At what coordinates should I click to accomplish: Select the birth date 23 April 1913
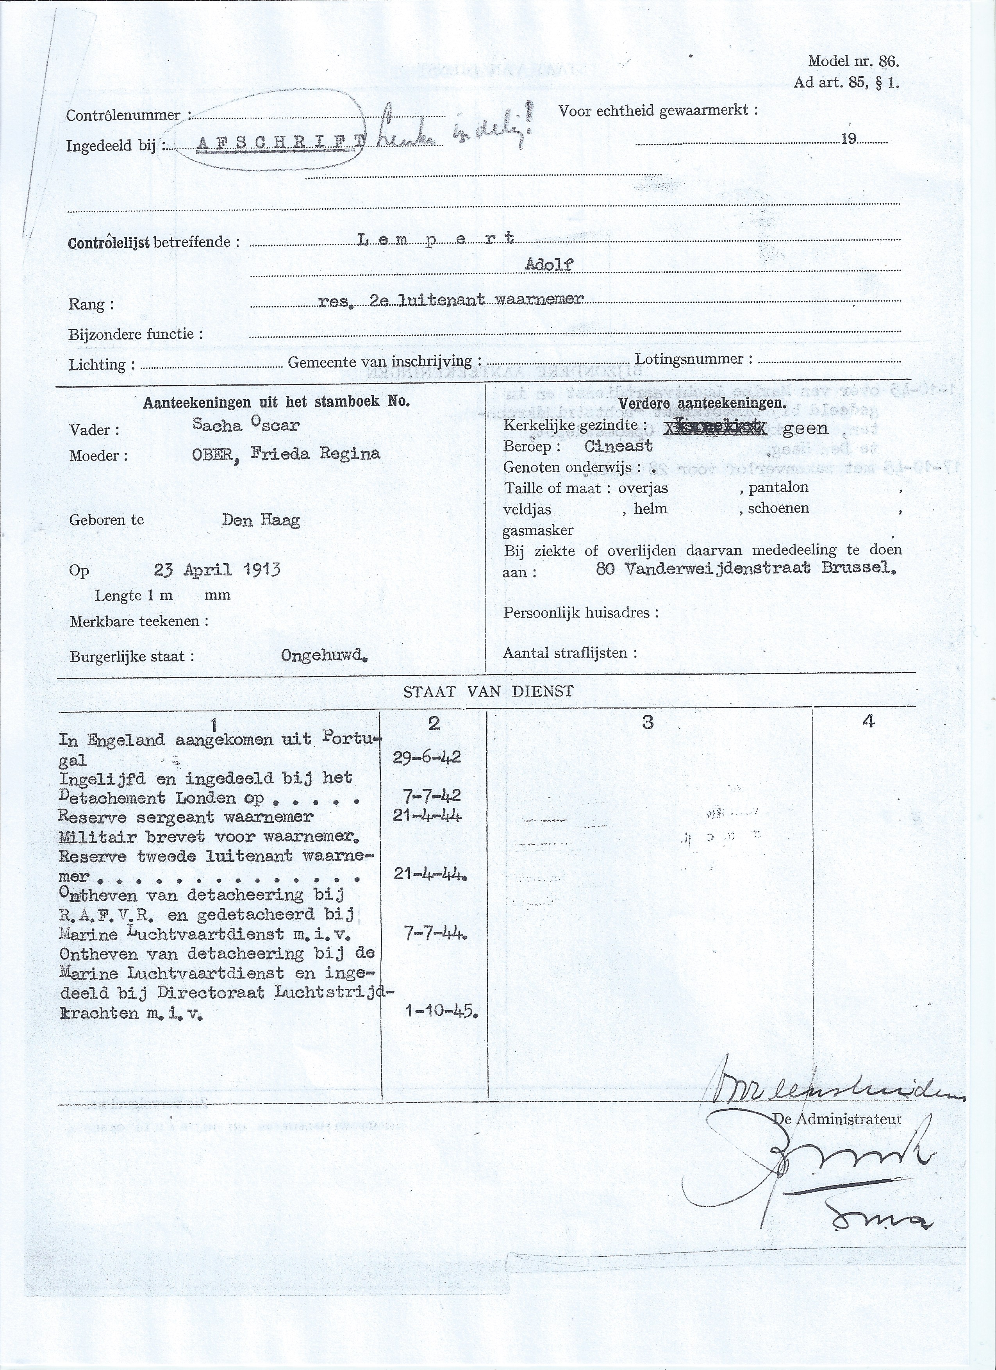point(217,569)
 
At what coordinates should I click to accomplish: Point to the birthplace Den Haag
point(261,520)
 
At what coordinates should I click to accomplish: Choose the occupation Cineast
point(619,447)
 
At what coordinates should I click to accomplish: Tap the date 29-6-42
point(427,757)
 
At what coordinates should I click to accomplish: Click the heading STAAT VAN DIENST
point(488,692)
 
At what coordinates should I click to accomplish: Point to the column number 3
point(648,722)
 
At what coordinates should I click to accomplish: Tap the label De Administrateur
point(837,1119)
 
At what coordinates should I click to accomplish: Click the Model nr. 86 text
point(853,61)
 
